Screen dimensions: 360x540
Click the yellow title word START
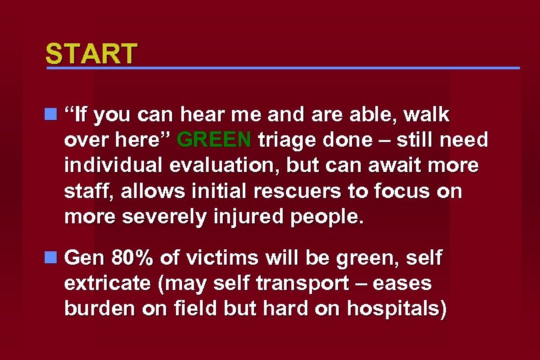(x=91, y=53)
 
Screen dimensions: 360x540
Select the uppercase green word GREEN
(x=215, y=141)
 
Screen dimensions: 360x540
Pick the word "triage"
(x=287, y=141)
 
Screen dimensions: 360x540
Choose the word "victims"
(x=216, y=257)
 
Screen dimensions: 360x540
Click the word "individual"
(x=117, y=166)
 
